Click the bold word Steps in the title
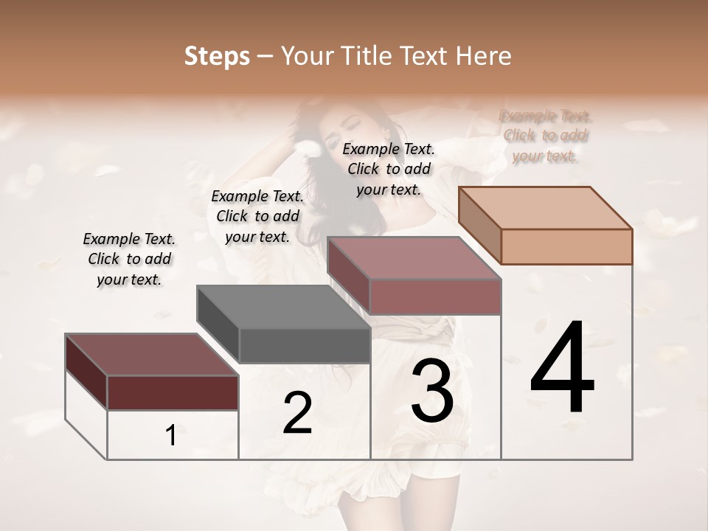[x=217, y=56]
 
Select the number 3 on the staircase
[x=432, y=392]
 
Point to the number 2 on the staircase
[x=297, y=413]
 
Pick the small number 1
[x=171, y=436]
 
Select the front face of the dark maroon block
[x=173, y=392]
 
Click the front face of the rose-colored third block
[x=435, y=297]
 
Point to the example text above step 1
[x=129, y=259]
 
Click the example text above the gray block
[x=257, y=216]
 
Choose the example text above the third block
[x=389, y=169]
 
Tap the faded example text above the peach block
[x=545, y=136]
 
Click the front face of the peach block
[x=566, y=246]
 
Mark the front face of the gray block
[x=305, y=346]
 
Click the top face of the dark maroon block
[x=151, y=354]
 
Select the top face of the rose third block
[x=413, y=258]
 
